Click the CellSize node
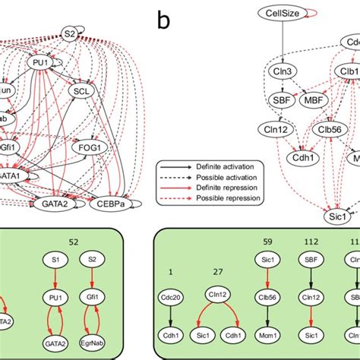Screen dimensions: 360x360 pos(282,13)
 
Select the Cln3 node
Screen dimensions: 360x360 pos(283,71)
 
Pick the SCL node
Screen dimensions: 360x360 pos(81,90)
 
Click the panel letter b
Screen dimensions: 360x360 pos(164,18)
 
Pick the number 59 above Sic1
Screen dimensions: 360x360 pos(267,242)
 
